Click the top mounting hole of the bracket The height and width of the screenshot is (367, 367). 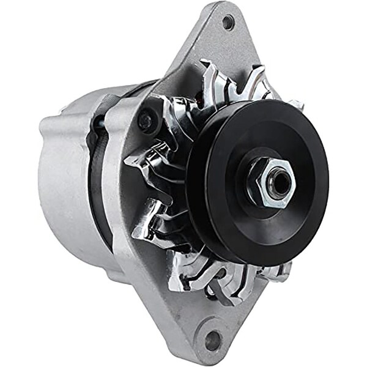(x=228, y=23)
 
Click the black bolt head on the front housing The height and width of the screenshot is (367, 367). (x=145, y=120)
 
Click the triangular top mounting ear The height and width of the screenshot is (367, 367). (x=214, y=43)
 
